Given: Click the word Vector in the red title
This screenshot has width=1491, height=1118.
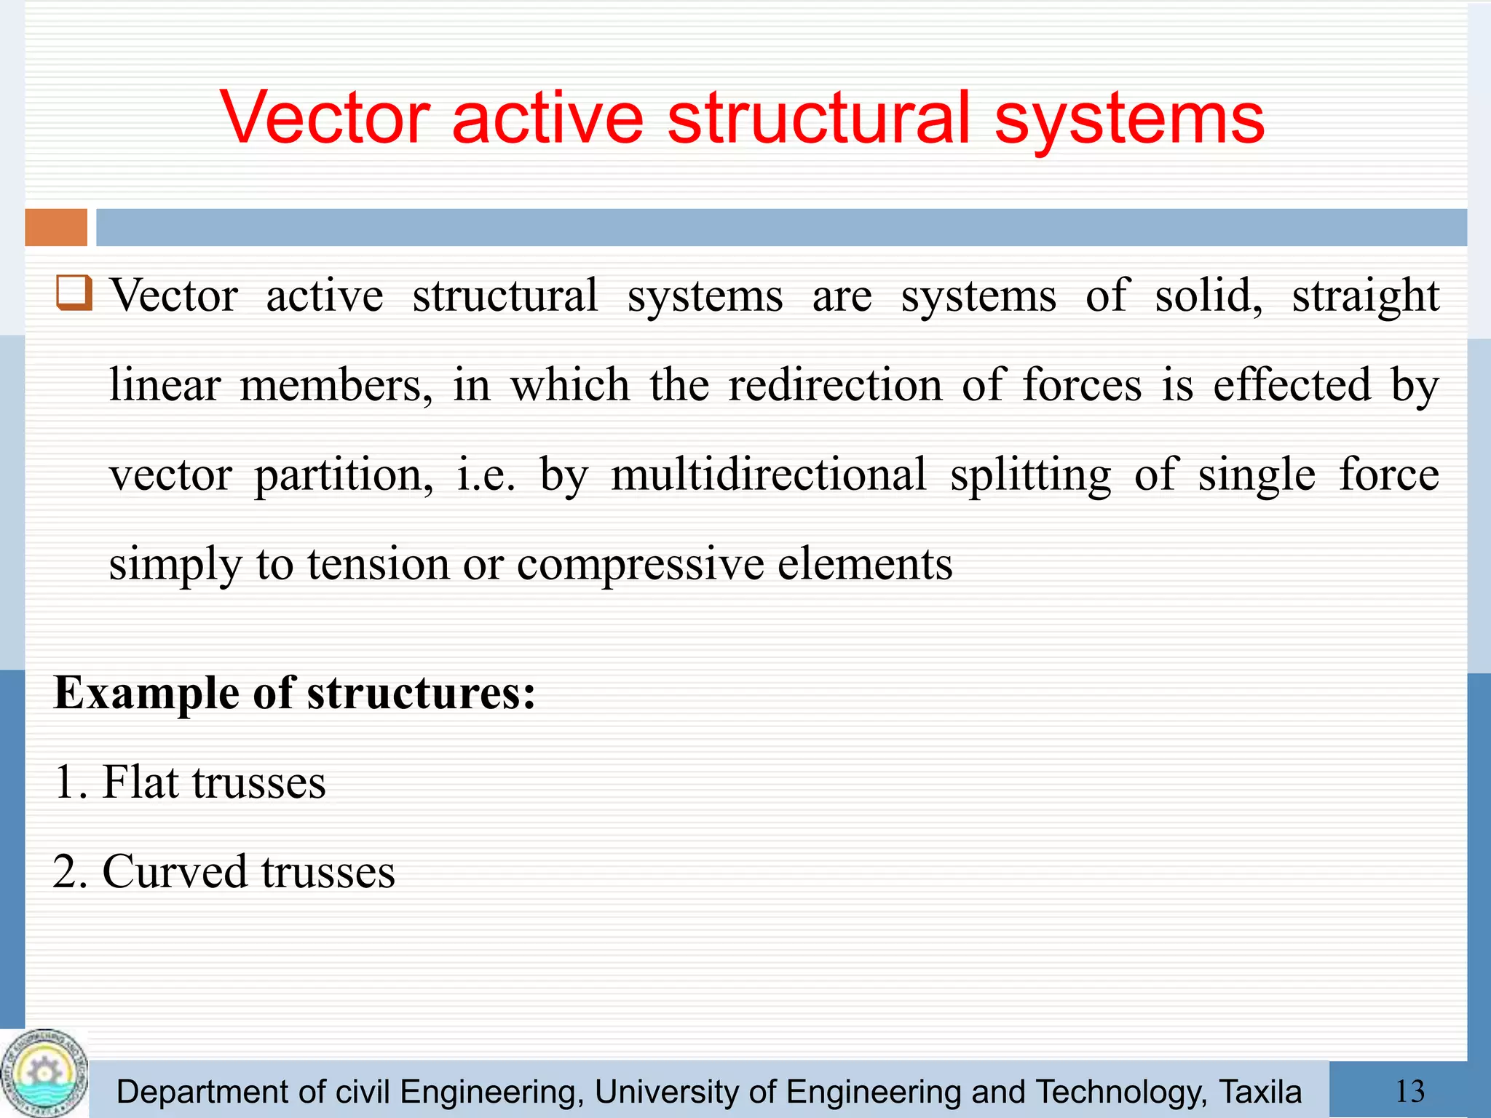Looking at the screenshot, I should pyautogui.click(x=325, y=118).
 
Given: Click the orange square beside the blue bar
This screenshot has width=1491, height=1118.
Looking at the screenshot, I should pyautogui.click(x=56, y=227).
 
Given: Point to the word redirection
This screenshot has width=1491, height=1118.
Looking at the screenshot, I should pyautogui.click(x=835, y=385).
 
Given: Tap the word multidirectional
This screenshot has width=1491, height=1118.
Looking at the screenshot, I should pyautogui.click(x=768, y=475).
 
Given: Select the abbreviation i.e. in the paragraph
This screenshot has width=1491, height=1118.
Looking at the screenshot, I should pyautogui.click(x=486, y=475).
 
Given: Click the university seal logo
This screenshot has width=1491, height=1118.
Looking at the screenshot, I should pyautogui.click(x=44, y=1073).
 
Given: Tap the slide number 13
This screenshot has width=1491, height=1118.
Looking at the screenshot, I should pyautogui.click(x=1409, y=1091).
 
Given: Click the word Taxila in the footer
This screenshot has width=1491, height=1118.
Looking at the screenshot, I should pyautogui.click(x=1259, y=1093).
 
